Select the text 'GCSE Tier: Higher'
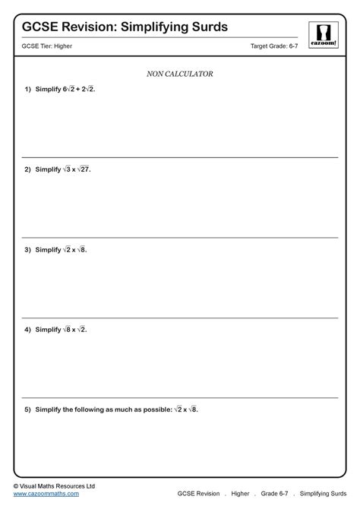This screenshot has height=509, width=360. point(47,46)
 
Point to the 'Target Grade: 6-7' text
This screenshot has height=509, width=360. point(274,46)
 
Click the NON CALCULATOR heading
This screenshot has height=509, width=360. point(179,74)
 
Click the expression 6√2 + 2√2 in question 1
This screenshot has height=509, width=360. point(79,89)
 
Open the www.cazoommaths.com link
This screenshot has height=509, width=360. point(46,493)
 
